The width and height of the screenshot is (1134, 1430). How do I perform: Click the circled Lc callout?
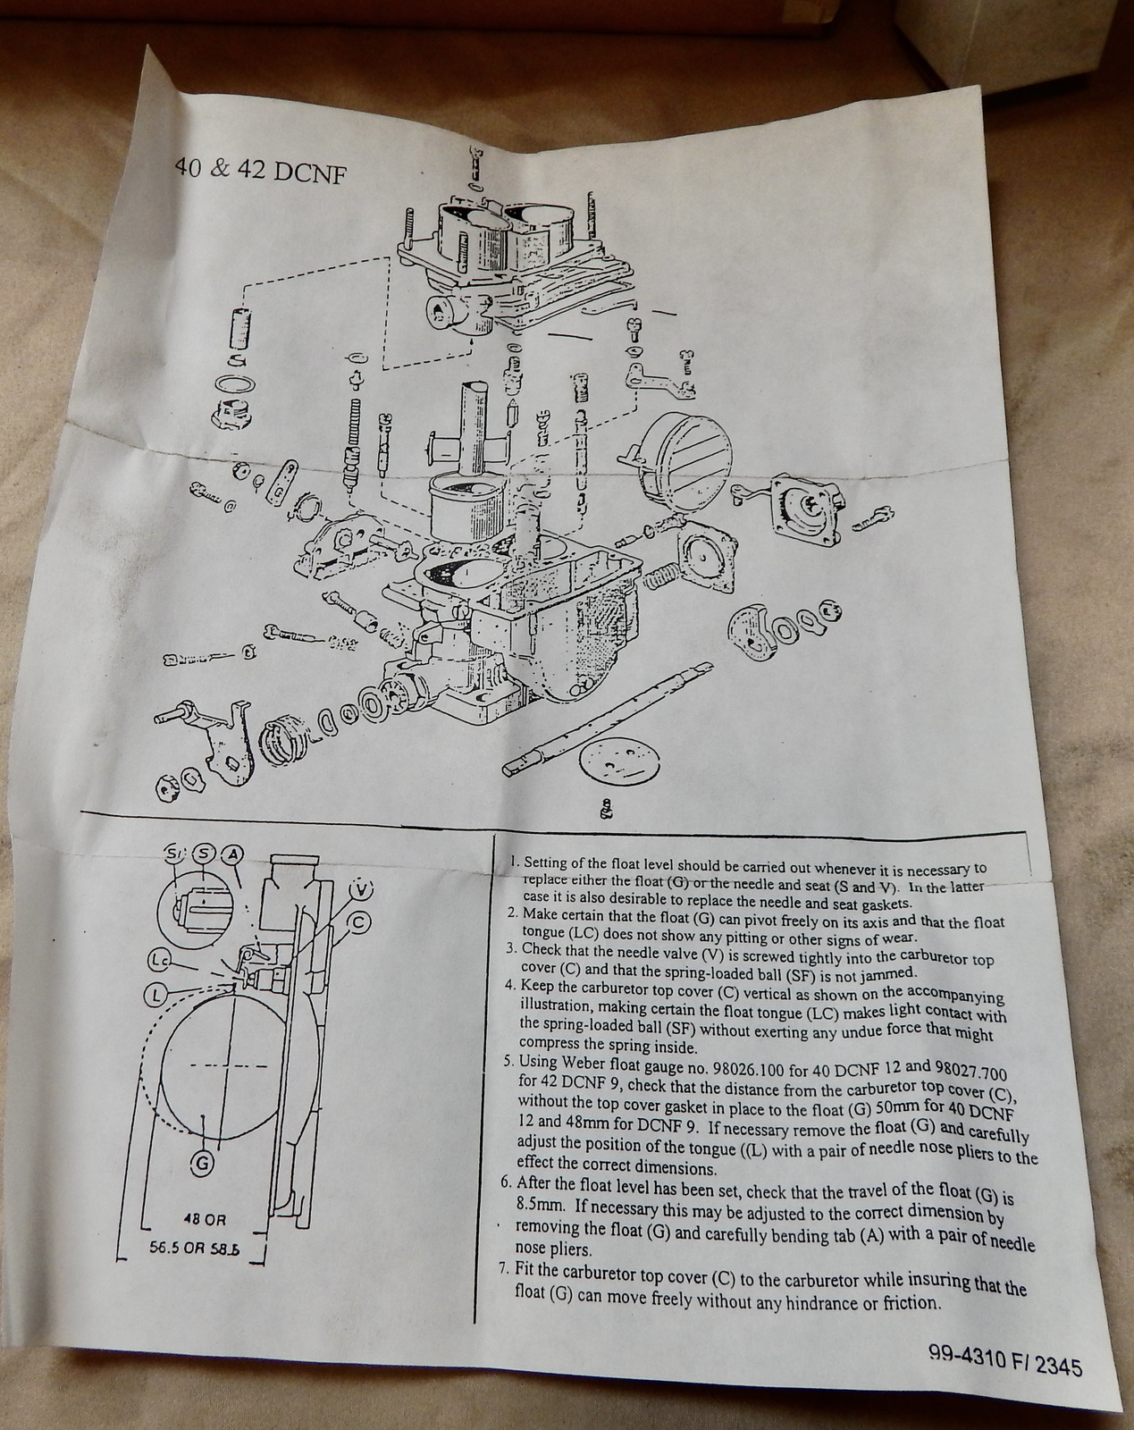pyautogui.click(x=157, y=961)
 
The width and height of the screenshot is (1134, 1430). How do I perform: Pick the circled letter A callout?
pyautogui.click(x=231, y=854)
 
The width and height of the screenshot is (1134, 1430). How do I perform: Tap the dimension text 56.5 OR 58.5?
pyautogui.click(x=195, y=1250)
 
